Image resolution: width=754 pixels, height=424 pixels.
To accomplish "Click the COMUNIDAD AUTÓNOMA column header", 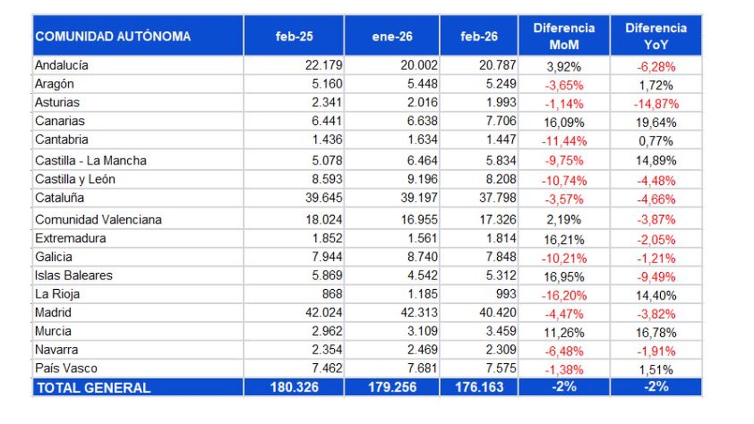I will pos(113,36).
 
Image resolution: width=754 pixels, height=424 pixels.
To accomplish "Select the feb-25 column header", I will pos(294,36).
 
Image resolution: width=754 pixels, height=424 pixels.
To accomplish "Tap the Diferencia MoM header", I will pos(564,36).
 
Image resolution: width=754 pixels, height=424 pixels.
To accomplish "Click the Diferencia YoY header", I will pos(656,36).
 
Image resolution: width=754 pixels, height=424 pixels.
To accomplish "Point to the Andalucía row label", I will pos(61,65).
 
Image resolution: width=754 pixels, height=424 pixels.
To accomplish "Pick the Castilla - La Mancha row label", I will pos(90,161).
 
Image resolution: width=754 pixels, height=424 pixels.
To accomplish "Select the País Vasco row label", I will pos(66,368).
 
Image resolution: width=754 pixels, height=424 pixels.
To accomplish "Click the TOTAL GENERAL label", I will pos(93,388).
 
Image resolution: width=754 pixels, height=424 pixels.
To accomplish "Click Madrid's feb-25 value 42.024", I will pos(323,312).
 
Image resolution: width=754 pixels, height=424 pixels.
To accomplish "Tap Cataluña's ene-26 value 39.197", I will pos(419,197).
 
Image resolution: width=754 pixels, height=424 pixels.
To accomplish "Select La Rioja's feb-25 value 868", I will pos(332,294).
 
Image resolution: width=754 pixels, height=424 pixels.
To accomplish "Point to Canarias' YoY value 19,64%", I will pos(656,122).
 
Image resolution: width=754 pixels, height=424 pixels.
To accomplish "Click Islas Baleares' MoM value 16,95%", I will pos(564,277).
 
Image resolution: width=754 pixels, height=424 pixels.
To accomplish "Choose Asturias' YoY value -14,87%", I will pos(656,104).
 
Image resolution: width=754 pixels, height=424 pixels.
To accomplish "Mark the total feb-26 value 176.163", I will pos(479,387).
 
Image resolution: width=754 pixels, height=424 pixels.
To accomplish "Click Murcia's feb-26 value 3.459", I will pos(501,331).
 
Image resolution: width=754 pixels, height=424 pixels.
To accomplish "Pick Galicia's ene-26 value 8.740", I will pos(422,257).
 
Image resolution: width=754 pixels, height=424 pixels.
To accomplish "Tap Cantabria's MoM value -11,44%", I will pos(564,141).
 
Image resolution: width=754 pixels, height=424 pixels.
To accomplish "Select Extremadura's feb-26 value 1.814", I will pos(501,238).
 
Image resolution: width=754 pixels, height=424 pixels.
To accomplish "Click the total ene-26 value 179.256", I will pos(392,387).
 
